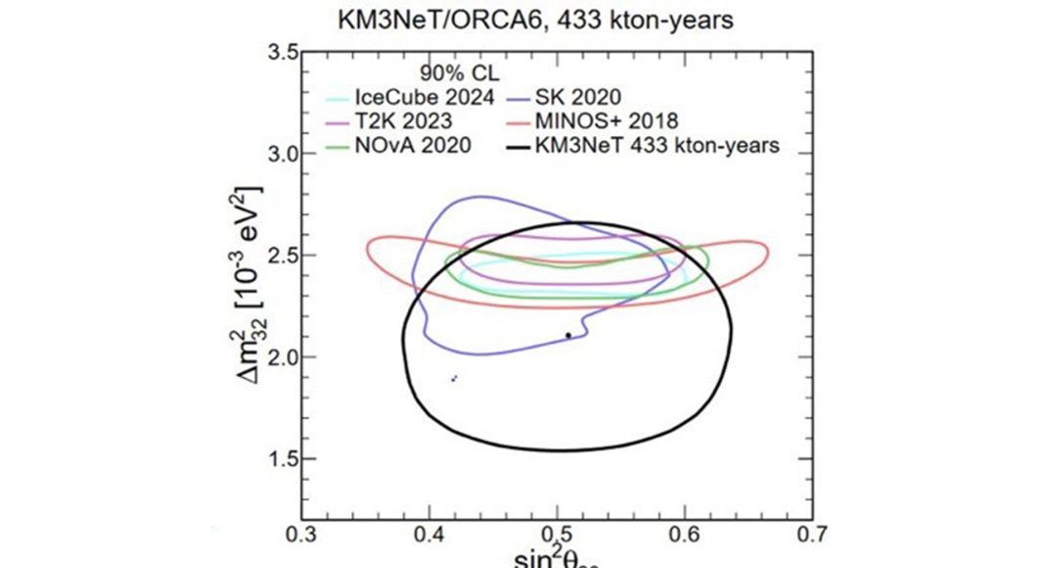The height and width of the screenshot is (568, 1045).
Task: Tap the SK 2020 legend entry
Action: point(578,98)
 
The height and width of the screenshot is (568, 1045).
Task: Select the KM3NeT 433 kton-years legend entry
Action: point(654,147)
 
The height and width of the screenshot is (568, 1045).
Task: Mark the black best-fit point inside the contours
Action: point(568,335)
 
